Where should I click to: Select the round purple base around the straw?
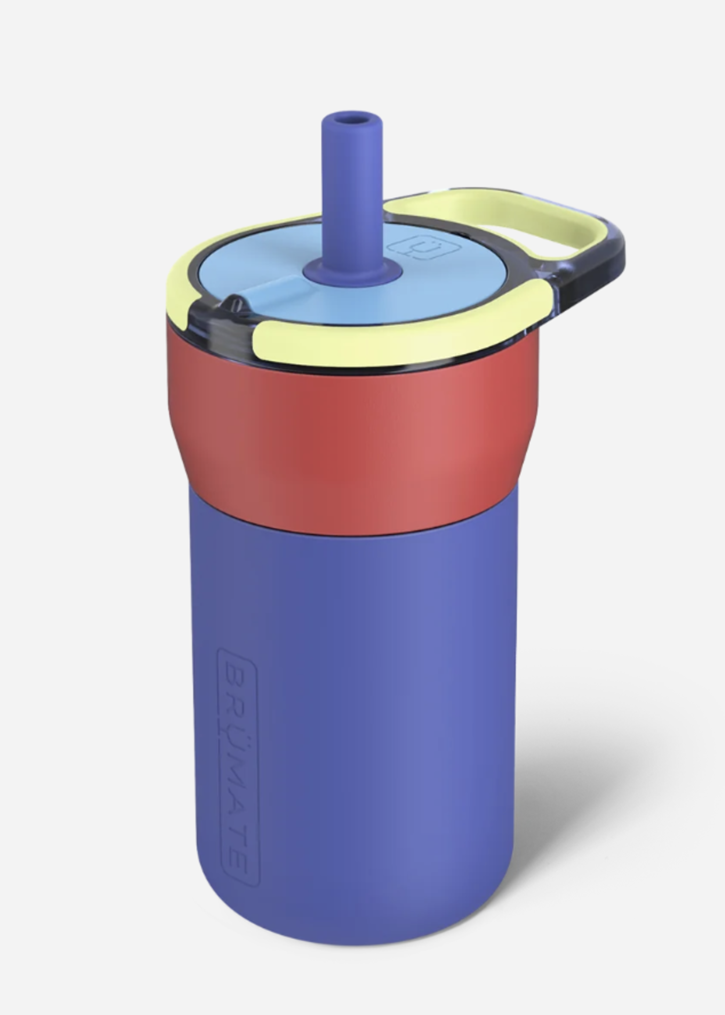[x=353, y=271]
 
